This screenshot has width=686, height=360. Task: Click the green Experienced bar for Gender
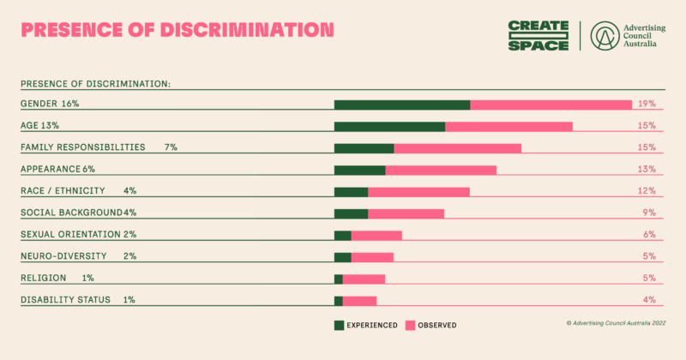pyautogui.click(x=401, y=105)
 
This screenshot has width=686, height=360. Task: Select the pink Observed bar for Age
pyautogui.click(x=508, y=126)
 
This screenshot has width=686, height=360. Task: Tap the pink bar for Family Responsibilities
pyautogui.click(x=457, y=147)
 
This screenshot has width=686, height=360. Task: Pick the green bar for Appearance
pyautogui.click(x=359, y=170)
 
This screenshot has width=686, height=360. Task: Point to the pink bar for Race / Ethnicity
pyautogui.click(x=418, y=191)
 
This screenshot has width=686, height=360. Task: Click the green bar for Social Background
pyautogui.click(x=351, y=213)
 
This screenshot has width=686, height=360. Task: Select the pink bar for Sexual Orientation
pyautogui.click(x=376, y=235)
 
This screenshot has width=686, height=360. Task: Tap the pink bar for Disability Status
pyautogui.click(x=359, y=300)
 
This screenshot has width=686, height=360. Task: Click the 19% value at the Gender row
pyautogui.click(x=647, y=104)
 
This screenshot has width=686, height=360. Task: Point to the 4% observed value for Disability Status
pyautogui.click(x=649, y=300)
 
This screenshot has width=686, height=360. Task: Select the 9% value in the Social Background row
pyautogui.click(x=649, y=213)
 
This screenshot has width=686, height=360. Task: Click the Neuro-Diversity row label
pyautogui.click(x=63, y=256)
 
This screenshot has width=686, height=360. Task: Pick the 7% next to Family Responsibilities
pyautogui.click(x=171, y=147)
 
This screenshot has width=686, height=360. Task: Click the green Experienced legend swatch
pyautogui.click(x=339, y=326)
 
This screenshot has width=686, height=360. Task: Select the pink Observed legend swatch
pyautogui.click(x=410, y=326)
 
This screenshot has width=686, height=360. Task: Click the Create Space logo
pyautogui.click(x=538, y=35)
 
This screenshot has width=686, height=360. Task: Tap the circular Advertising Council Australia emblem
pyautogui.click(x=606, y=35)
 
